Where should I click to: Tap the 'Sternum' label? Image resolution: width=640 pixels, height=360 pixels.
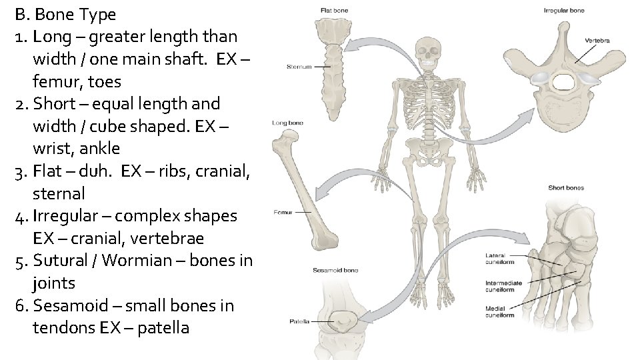(299, 67)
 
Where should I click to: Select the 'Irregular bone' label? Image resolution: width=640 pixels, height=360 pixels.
(564, 11)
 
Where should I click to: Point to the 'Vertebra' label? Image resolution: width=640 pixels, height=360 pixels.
(597, 41)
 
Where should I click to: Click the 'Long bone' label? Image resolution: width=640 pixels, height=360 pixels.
(288, 123)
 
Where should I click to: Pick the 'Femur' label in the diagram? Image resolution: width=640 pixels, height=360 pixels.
(282, 213)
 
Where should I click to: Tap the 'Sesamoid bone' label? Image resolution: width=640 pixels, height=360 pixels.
(335, 270)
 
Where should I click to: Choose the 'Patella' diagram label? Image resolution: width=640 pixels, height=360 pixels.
(299, 321)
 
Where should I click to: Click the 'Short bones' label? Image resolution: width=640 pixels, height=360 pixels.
(566, 188)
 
